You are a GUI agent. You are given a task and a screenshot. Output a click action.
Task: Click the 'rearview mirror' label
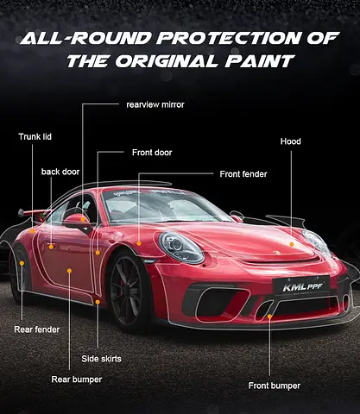pyautogui.click(x=155, y=104)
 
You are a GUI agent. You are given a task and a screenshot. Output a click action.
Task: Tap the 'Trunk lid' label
pyautogui.click(x=35, y=136)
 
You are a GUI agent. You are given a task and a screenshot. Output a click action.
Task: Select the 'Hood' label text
pyautogui.click(x=291, y=141)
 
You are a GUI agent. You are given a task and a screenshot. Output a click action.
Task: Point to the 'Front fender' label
pyautogui.click(x=243, y=174)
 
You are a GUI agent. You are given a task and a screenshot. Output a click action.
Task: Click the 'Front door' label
pyautogui.click(x=152, y=153)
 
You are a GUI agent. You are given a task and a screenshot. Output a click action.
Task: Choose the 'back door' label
pyautogui.click(x=60, y=172)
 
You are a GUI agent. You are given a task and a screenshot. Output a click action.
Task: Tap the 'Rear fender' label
pyautogui.click(x=37, y=329)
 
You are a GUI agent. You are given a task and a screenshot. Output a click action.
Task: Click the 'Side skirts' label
pyautogui.click(x=101, y=359)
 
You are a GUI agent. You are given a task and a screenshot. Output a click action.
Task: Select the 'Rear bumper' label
pyautogui.click(x=77, y=379)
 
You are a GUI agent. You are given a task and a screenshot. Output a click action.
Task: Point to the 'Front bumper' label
pyautogui.click(x=275, y=386)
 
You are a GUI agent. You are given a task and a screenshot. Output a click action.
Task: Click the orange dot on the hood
pyautogui.click(x=292, y=244)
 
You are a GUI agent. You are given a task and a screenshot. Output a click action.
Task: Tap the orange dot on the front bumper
pyautogui.click(x=269, y=317)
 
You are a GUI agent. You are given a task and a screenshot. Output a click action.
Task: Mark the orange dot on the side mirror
pyautogui.click(x=83, y=219)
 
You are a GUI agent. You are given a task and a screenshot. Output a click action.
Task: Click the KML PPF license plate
pyautogui.click(x=301, y=285)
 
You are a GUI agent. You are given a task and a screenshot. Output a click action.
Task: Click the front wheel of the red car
pyautogui.click(x=128, y=290)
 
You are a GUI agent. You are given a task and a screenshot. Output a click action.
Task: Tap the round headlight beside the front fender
pyautogui.click(x=181, y=248)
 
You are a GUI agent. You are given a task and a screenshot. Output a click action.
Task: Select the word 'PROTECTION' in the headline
pyautogui.click(x=230, y=38)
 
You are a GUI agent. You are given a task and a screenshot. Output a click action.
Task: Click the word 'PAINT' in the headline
pyautogui.click(x=260, y=61)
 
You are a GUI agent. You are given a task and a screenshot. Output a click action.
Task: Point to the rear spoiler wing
pyautogui.click(x=35, y=214)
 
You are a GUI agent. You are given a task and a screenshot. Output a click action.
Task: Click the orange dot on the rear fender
pyautogui.click(x=22, y=263)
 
